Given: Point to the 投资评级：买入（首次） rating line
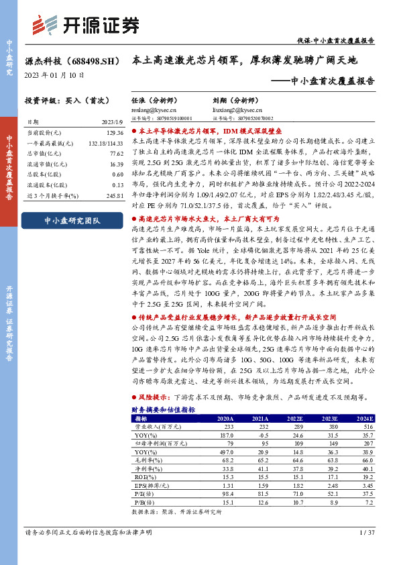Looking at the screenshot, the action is [60, 101].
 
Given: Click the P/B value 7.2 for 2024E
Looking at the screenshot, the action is [367, 501].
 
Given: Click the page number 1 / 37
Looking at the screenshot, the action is [367, 552].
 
